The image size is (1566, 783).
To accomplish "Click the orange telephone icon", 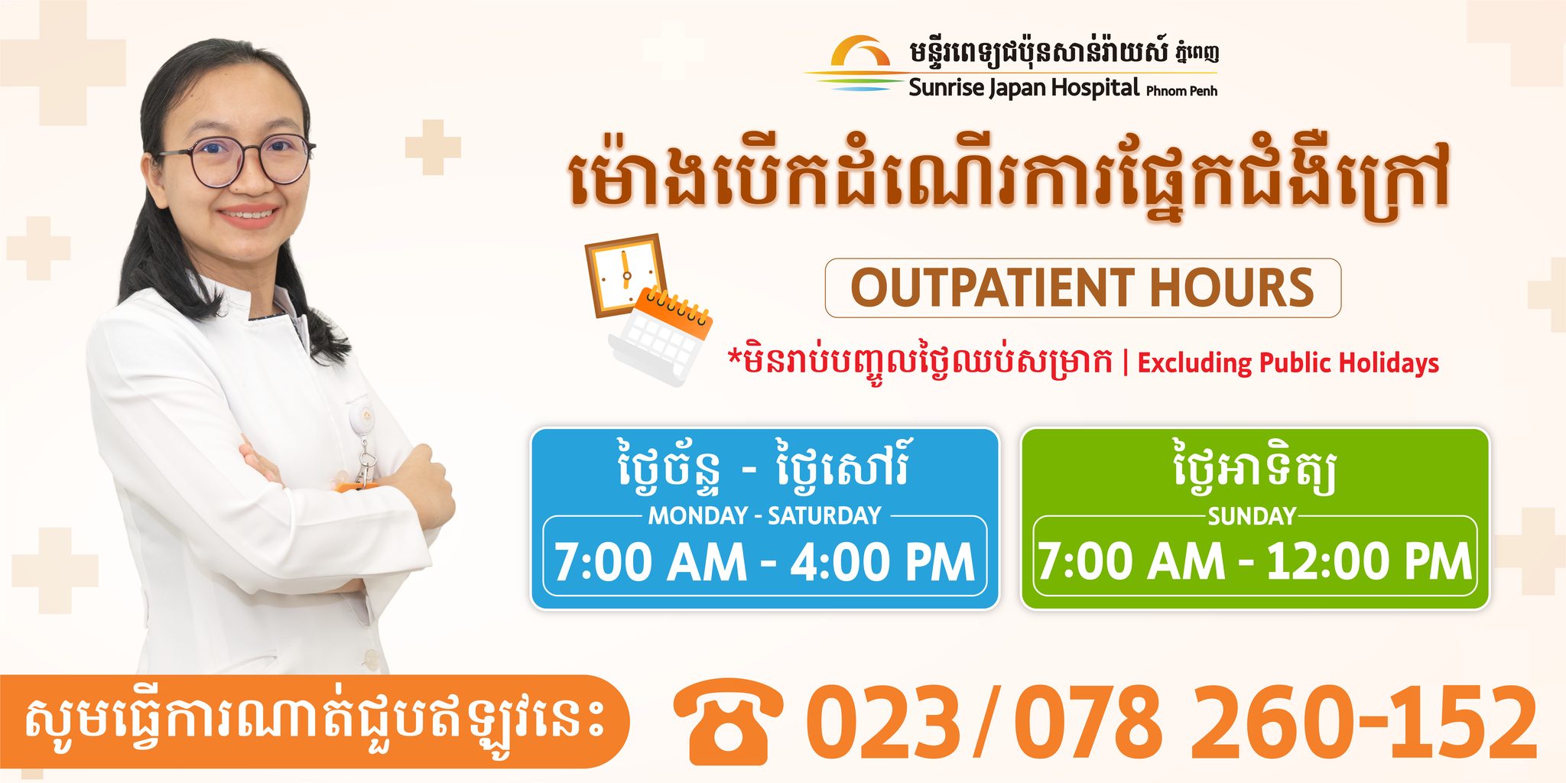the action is coord(728,722).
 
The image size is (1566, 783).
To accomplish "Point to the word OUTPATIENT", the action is coord(993,288).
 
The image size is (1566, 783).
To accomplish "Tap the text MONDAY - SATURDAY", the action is coord(765,516).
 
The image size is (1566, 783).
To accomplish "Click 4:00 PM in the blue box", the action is coord(882,563).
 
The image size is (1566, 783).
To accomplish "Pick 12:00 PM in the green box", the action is coord(1369,562).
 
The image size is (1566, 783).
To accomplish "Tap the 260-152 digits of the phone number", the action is coord(1364,723).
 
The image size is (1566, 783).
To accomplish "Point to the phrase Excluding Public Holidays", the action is coord(1288,362).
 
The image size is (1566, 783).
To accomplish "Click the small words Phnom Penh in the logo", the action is coord(1181,90).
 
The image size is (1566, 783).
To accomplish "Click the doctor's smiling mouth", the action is coord(248,215).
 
